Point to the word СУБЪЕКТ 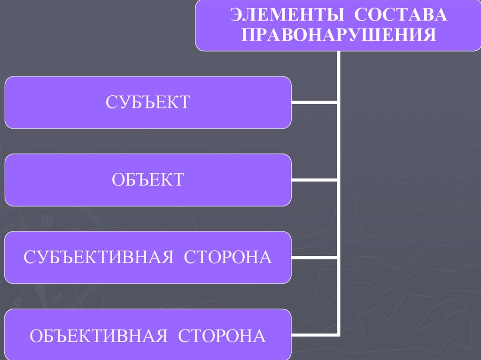(x=147, y=102)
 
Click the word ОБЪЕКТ (x=147, y=180)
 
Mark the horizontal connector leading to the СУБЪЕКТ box (x=314, y=102)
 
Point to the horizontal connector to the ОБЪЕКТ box (x=314, y=180)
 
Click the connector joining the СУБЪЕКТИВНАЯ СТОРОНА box (x=314, y=258)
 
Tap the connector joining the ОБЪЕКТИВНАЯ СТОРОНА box (x=314, y=335)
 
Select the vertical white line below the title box (x=338, y=141)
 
